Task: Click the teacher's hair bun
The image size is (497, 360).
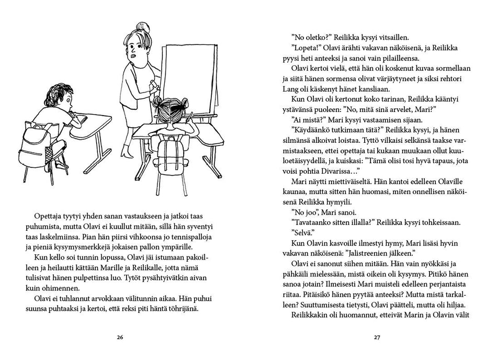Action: coord(141,27)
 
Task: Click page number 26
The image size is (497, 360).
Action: coord(120,337)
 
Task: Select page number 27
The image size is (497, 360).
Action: coord(376,337)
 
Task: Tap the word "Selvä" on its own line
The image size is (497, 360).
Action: coord(304,232)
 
